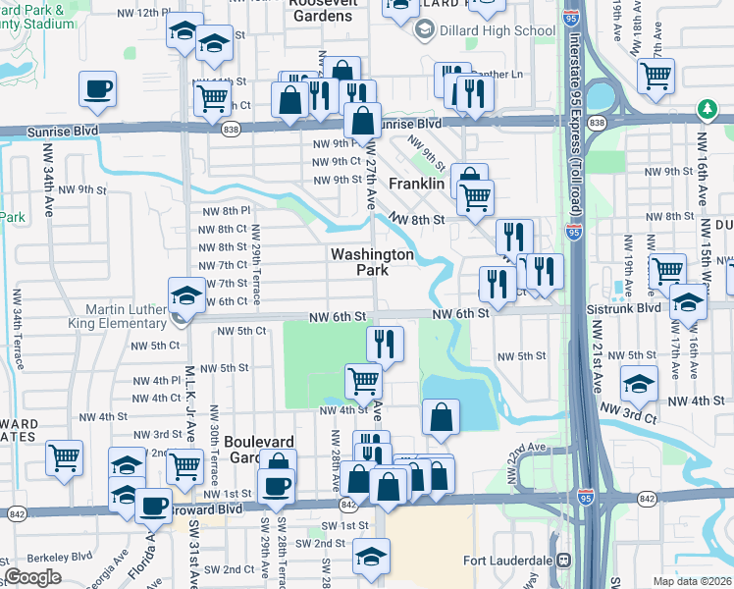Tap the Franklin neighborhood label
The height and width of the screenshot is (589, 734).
(x=417, y=184)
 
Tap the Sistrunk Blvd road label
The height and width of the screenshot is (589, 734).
(x=637, y=307)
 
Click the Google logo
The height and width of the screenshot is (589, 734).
(x=32, y=577)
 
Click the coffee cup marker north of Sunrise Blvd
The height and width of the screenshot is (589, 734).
(x=96, y=89)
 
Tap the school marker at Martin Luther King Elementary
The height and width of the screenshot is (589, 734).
(x=186, y=294)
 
